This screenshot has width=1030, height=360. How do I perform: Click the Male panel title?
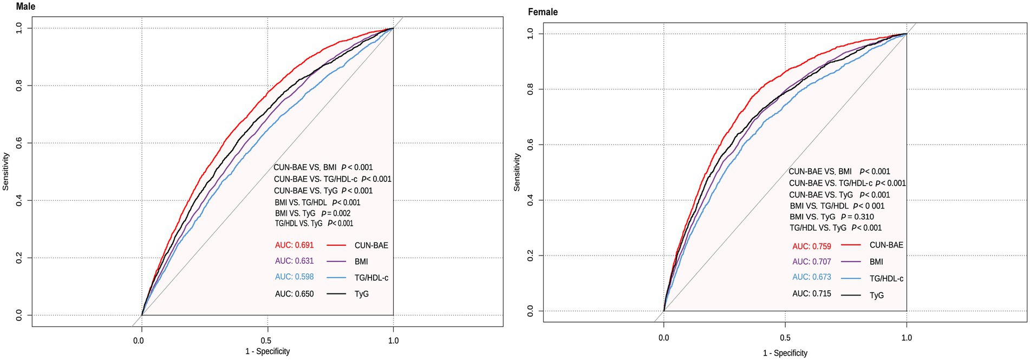pos(25,6)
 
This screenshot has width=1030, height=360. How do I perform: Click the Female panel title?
pos(543,12)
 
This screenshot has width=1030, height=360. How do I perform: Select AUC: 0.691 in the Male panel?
pos(294,245)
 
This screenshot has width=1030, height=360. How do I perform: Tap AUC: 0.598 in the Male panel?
pos(294,277)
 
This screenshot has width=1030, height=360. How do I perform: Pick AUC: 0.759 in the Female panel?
pos(811,246)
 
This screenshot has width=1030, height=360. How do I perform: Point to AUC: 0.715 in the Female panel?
pos(811,293)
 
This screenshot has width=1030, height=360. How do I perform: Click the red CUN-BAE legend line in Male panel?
pos(336,245)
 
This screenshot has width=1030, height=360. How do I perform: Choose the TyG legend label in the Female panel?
pos(876,295)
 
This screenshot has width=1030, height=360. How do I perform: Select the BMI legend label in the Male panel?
pos(361,261)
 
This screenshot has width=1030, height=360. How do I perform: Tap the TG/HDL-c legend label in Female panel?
pos(886,278)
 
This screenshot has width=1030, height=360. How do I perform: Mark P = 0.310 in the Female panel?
pos(857,217)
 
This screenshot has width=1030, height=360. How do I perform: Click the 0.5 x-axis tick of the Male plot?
pos(266,341)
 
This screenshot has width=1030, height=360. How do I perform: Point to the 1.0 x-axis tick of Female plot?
pos(907,337)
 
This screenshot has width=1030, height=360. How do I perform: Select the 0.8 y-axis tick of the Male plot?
pos(19,86)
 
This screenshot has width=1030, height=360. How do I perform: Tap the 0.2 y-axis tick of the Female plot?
pos(531,256)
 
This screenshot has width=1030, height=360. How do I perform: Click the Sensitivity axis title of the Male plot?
pos(6,171)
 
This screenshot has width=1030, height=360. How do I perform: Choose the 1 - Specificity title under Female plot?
pos(785,353)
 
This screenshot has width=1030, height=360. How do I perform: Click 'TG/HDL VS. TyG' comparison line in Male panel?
pos(314,223)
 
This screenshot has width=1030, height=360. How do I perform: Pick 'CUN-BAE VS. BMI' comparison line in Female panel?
pos(839,171)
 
